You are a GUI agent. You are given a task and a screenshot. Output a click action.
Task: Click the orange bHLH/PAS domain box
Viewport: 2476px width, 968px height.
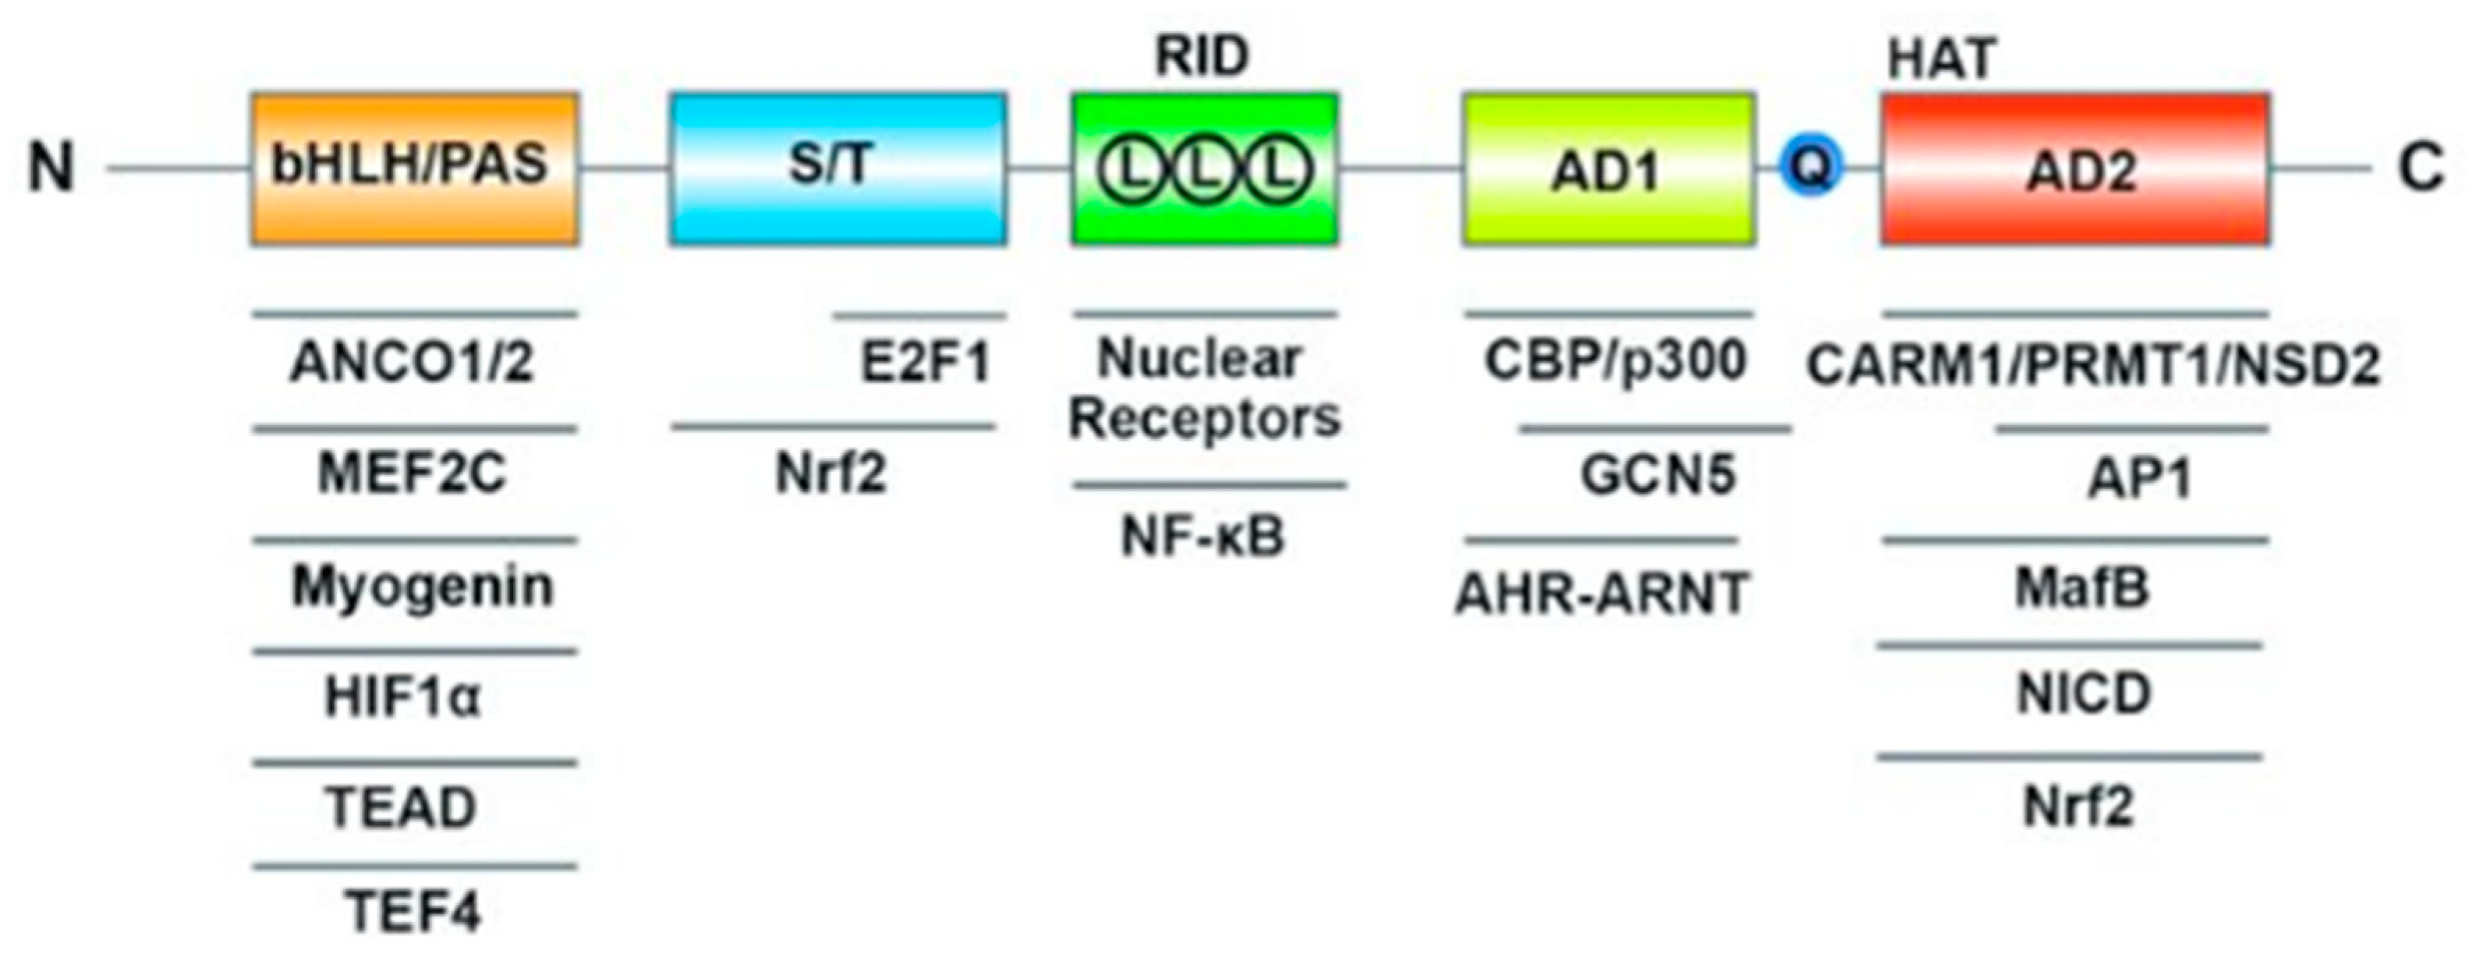pos(414,168)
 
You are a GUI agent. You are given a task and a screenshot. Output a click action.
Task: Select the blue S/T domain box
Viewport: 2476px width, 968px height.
pos(838,168)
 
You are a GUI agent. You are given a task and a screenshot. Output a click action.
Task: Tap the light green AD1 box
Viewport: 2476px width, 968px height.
pos(1608,168)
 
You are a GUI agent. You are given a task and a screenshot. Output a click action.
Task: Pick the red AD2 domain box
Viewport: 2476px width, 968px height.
pos(2074,168)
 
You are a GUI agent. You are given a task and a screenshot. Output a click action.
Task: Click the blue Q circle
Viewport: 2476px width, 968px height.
pos(1811,167)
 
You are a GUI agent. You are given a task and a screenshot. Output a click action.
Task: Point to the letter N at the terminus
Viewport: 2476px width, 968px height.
pos(51,167)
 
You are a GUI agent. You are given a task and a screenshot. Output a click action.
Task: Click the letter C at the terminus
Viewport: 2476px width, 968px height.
pos(2421,167)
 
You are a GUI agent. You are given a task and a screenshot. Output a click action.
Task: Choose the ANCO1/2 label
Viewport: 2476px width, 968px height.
pos(412,364)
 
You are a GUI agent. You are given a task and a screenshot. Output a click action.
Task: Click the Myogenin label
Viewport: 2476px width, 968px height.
pos(422,586)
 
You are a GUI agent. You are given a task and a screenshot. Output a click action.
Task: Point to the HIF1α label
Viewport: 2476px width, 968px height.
pos(402,697)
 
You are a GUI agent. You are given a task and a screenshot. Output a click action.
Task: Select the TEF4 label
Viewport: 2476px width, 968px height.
pos(413,910)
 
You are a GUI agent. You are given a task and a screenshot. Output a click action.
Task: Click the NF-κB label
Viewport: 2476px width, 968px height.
pos(1203,537)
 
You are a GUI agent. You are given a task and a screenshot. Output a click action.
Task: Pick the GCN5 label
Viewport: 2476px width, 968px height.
pos(1658,475)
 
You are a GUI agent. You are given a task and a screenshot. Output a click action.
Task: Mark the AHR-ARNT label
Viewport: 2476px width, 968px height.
pos(1600,593)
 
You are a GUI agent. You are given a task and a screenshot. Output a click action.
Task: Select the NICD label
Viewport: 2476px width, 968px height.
pos(2083,694)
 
